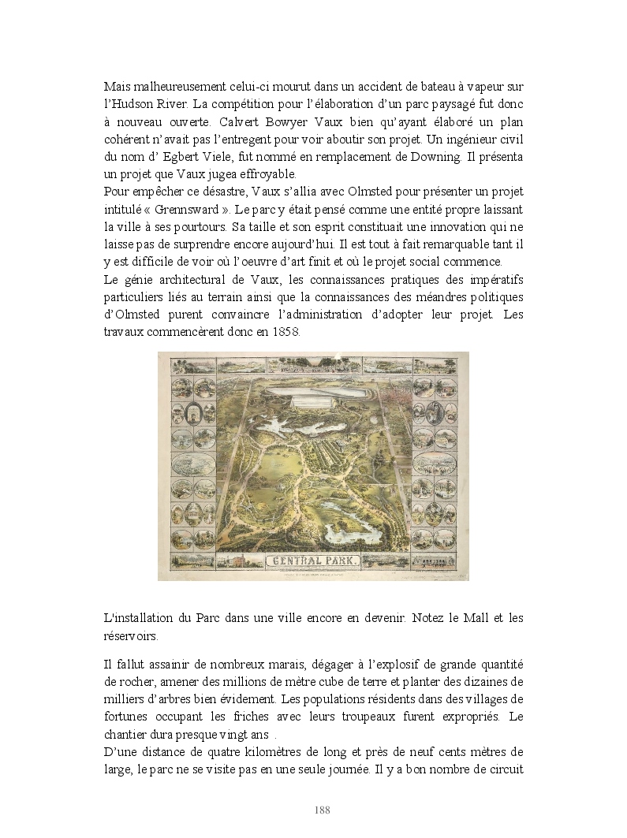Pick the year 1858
[x=286, y=333]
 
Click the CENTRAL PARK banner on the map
[x=313, y=562]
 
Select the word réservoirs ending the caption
[x=131, y=635]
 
